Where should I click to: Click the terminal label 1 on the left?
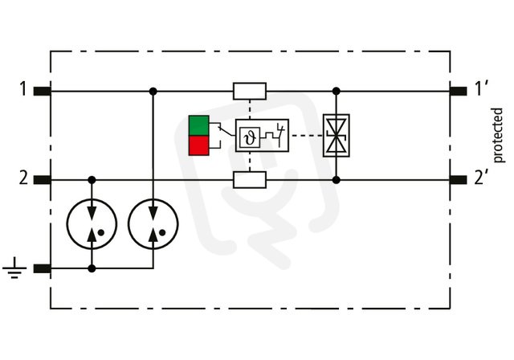coord(22,89)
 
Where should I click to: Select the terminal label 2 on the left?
coord(23,178)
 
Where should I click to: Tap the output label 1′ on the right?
coord(482,89)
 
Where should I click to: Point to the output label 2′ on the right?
coord(481,178)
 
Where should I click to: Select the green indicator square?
coord(198,125)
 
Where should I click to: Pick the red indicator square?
coord(198,145)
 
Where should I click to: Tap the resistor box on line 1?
coord(250,91)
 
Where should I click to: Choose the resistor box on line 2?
coord(250,180)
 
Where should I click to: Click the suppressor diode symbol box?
coord(336,136)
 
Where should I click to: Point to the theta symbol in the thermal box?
coord(251,137)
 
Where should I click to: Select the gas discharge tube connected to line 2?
coord(92,224)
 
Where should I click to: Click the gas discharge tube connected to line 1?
coord(153,224)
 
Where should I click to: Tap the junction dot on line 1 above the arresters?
coord(153,91)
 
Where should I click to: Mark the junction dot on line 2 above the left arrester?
coord(92,180)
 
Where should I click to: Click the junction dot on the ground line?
coord(92,269)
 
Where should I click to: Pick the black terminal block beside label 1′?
coord(458,91)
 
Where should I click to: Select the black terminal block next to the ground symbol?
coord(43,269)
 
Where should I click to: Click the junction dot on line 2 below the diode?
coord(336,180)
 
